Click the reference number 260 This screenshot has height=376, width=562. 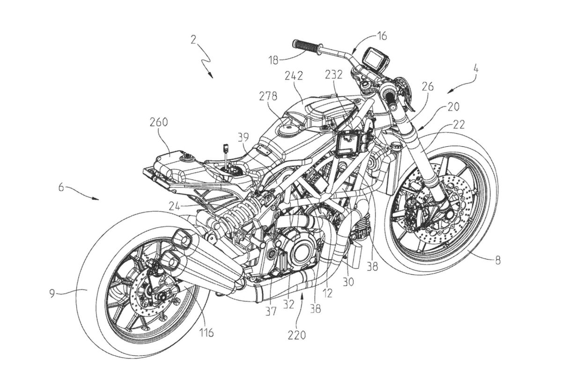pyautogui.click(x=171, y=123)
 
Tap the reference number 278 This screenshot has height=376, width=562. pyautogui.click(x=268, y=97)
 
